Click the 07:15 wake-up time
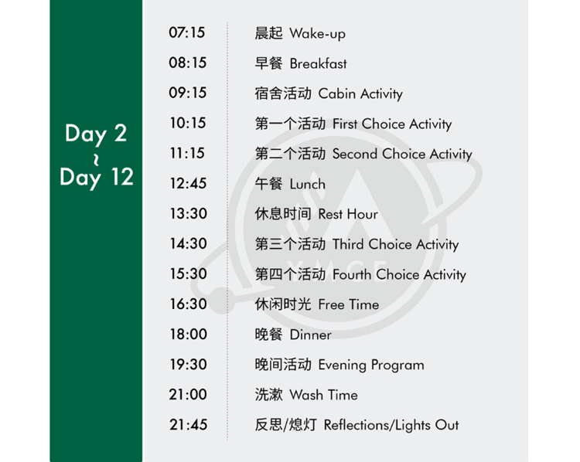[x=187, y=32]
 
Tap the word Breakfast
[x=318, y=63]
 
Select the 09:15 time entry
[x=188, y=93]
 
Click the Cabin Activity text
[x=360, y=94]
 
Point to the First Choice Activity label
[x=392, y=124]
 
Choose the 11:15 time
[x=187, y=153]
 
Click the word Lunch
[x=307, y=184]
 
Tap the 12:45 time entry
[x=188, y=183]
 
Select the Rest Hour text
[x=348, y=214]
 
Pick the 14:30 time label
[x=188, y=243]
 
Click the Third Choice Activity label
[x=395, y=245]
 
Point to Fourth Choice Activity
[x=399, y=275]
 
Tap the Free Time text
[x=349, y=304]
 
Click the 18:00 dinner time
[x=188, y=334]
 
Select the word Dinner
[x=310, y=335]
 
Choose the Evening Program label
[x=371, y=365]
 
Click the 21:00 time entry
[x=188, y=394]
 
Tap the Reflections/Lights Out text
[x=391, y=426]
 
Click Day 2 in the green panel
[x=96, y=134]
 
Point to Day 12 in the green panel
[x=97, y=178]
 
